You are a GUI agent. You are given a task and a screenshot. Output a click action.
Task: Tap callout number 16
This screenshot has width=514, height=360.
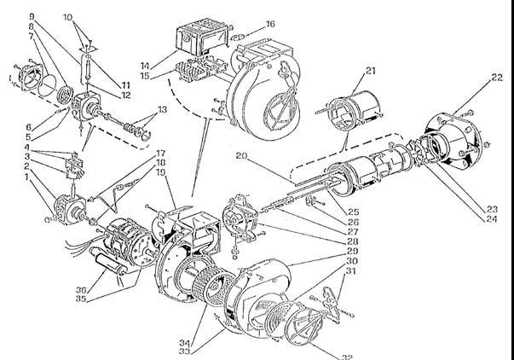click(x=271, y=25)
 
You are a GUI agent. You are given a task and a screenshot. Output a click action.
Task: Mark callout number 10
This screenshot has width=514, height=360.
click(x=69, y=16)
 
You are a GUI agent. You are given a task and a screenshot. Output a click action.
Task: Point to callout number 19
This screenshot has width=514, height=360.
click(x=161, y=172)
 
